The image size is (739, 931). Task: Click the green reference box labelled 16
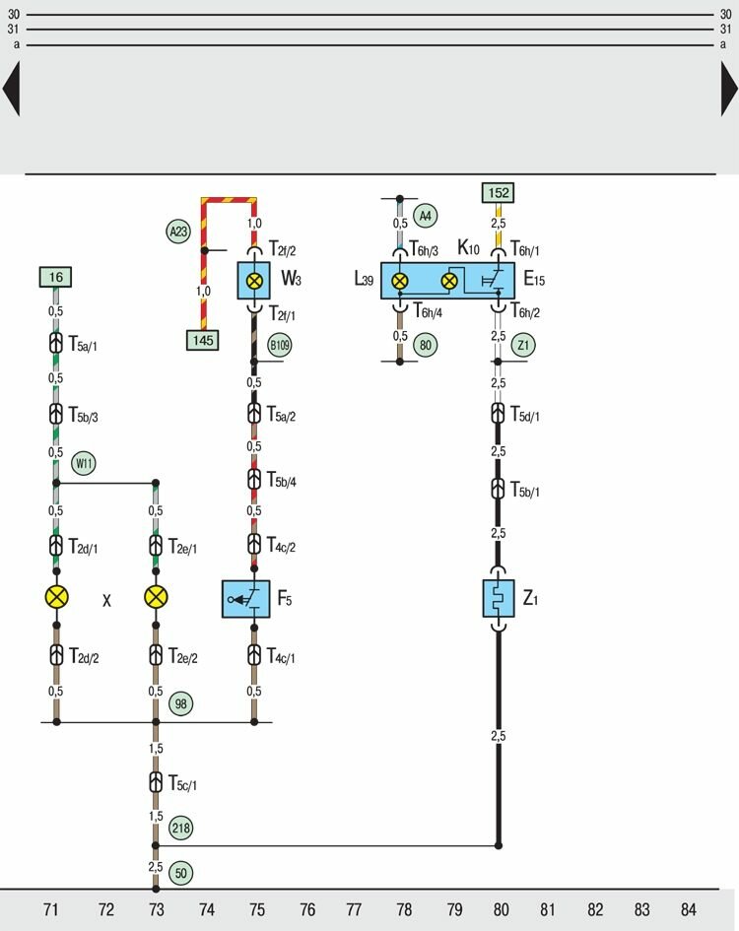coord(57,278)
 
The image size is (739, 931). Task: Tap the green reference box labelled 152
coord(498,193)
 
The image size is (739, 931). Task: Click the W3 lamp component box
coord(254,281)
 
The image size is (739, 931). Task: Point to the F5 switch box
coord(246,598)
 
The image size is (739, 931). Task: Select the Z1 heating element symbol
coord(498,598)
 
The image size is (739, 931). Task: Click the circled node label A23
coord(177,233)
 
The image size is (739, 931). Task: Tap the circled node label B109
coord(281,345)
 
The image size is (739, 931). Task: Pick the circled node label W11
coord(84,463)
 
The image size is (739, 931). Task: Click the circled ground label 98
coord(180,703)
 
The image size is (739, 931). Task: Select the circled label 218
coord(180,828)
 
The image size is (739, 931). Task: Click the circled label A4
coord(426,215)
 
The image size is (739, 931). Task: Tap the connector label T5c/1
coord(187,784)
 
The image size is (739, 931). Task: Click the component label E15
coord(534,280)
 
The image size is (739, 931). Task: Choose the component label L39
coord(365,280)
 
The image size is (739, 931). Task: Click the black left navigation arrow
coord(11,89)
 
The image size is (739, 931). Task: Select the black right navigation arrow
coord(728,89)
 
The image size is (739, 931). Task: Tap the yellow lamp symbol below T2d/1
coord(56,597)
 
